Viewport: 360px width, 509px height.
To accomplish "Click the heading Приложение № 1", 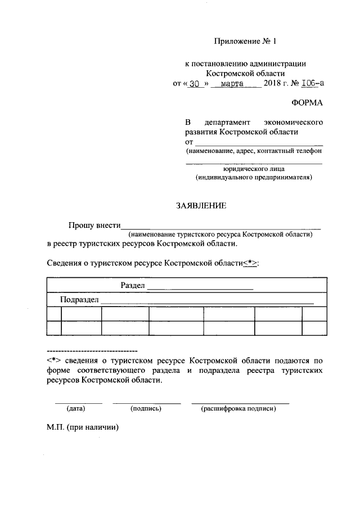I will pyautogui.click(x=246, y=41).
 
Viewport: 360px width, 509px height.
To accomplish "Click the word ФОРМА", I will pyautogui.click(x=307, y=103).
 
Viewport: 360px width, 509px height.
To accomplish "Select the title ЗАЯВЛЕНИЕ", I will pyautogui.click(x=201, y=206).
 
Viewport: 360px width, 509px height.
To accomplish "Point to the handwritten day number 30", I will pyautogui.click(x=195, y=84).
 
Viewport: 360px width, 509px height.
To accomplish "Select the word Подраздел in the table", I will pyautogui.click(x=80, y=300).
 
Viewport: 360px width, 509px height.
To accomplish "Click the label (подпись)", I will pyautogui.click(x=146, y=408).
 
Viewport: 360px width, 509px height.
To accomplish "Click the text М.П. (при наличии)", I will pyautogui.click(x=83, y=427).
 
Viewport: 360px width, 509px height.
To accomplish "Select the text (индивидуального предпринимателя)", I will pyautogui.click(x=254, y=177).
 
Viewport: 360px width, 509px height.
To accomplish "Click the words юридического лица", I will pyautogui.click(x=254, y=168).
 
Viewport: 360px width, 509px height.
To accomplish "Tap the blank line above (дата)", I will pyautogui.click(x=78, y=403).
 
